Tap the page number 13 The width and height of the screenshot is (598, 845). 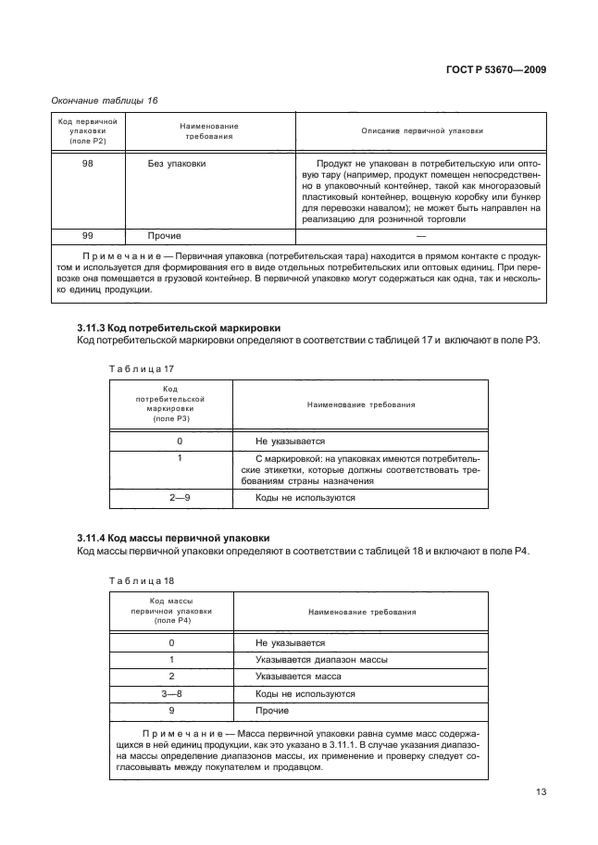click(542, 791)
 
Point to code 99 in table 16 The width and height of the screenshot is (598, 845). click(87, 236)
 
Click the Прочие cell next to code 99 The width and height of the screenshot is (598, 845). click(165, 236)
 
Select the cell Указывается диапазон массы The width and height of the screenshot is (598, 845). click(320, 660)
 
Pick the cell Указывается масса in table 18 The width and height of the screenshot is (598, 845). click(297, 677)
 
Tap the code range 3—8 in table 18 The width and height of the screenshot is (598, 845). click(171, 693)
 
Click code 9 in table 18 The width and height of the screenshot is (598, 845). click(171, 710)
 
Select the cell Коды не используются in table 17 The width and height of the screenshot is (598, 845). click(305, 497)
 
